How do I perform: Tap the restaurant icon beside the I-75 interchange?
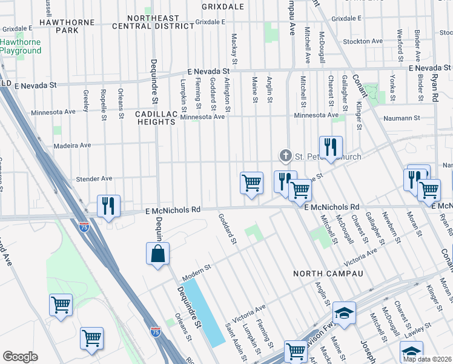(x=108, y=206)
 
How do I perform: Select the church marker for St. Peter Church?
(x=286, y=157)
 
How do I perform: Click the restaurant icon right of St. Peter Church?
(x=331, y=147)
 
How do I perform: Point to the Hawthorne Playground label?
(x=21, y=47)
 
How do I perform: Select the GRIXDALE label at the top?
(x=223, y=7)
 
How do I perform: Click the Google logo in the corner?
(x=20, y=357)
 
